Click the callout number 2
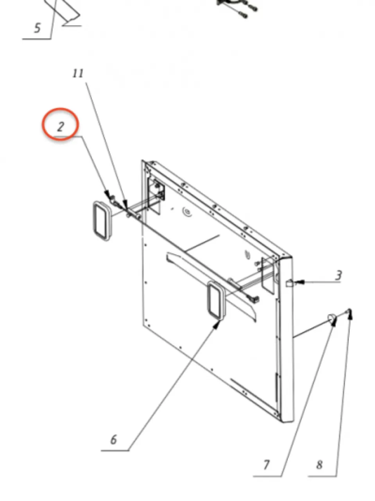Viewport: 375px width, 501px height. coord(60,126)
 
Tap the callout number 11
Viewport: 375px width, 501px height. coord(78,73)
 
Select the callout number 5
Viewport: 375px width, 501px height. coord(38,28)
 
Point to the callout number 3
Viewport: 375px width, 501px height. coord(339,275)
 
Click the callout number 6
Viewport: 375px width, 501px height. coord(113,440)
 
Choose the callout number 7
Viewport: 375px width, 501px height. coord(266,465)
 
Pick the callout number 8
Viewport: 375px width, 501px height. coord(319,465)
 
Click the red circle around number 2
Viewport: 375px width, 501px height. coord(60,124)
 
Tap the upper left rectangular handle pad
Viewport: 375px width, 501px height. coord(102,221)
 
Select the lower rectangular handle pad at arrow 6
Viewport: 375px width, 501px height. coord(216,300)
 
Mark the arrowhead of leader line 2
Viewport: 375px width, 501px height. coord(108,194)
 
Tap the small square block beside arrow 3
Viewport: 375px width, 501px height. coord(289,283)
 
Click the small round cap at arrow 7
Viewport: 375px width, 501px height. coord(331,317)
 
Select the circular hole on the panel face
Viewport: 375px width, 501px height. coord(187,212)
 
